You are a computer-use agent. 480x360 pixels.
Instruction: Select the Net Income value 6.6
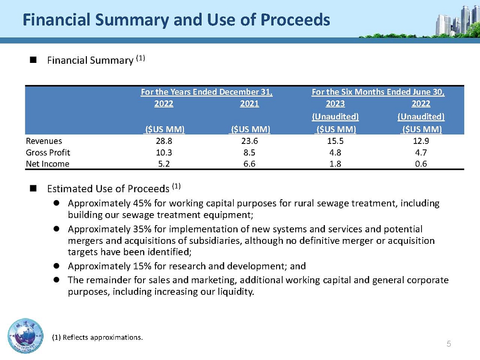[x=250, y=164]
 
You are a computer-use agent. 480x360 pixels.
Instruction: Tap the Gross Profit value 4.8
[x=335, y=153]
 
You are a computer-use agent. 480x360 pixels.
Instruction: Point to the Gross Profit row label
[x=48, y=153]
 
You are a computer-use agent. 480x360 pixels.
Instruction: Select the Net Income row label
[x=48, y=164]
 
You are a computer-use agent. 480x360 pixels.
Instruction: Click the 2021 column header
[x=250, y=104]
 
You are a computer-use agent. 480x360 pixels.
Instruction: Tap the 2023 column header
[x=335, y=104]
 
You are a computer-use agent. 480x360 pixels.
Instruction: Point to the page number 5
[x=449, y=344]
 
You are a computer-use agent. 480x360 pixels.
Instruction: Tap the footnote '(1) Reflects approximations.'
[x=97, y=337]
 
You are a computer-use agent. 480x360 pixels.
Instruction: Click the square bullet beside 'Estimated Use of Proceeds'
[x=34, y=188]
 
